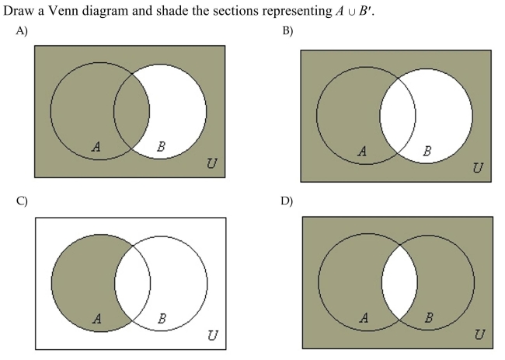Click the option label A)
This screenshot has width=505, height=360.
pyautogui.click(x=22, y=30)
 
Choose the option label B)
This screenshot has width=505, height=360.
pyautogui.click(x=287, y=31)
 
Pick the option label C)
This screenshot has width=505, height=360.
pyautogui.click(x=22, y=201)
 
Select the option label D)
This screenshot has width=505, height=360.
pyautogui.click(x=287, y=201)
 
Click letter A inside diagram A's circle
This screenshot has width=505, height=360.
pyautogui.click(x=96, y=147)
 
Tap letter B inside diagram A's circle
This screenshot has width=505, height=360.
pyautogui.click(x=161, y=147)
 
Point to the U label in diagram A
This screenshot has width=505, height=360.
pyautogui.click(x=211, y=163)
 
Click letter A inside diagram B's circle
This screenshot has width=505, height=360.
pyautogui.click(x=362, y=151)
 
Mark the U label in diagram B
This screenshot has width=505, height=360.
pyautogui.click(x=478, y=168)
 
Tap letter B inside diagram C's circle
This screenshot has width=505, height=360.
pyautogui.click(x=162, y=319)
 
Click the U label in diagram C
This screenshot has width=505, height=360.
pyautogui.click(x=213, y=335)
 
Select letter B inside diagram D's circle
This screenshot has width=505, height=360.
pyautogui.click(x=428, y=318)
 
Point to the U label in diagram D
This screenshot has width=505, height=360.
pyautogui.click(x=479, y=334)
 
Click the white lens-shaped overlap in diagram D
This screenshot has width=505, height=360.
pyautogui.click(x=399, y=282)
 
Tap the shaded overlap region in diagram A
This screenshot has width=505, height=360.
pyautogui.click(x=131, y=111)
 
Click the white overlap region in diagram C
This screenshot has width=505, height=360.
pyautogui.click(x=132, y=283)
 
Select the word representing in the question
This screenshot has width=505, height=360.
pyautogui.click(x=296, y=11)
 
